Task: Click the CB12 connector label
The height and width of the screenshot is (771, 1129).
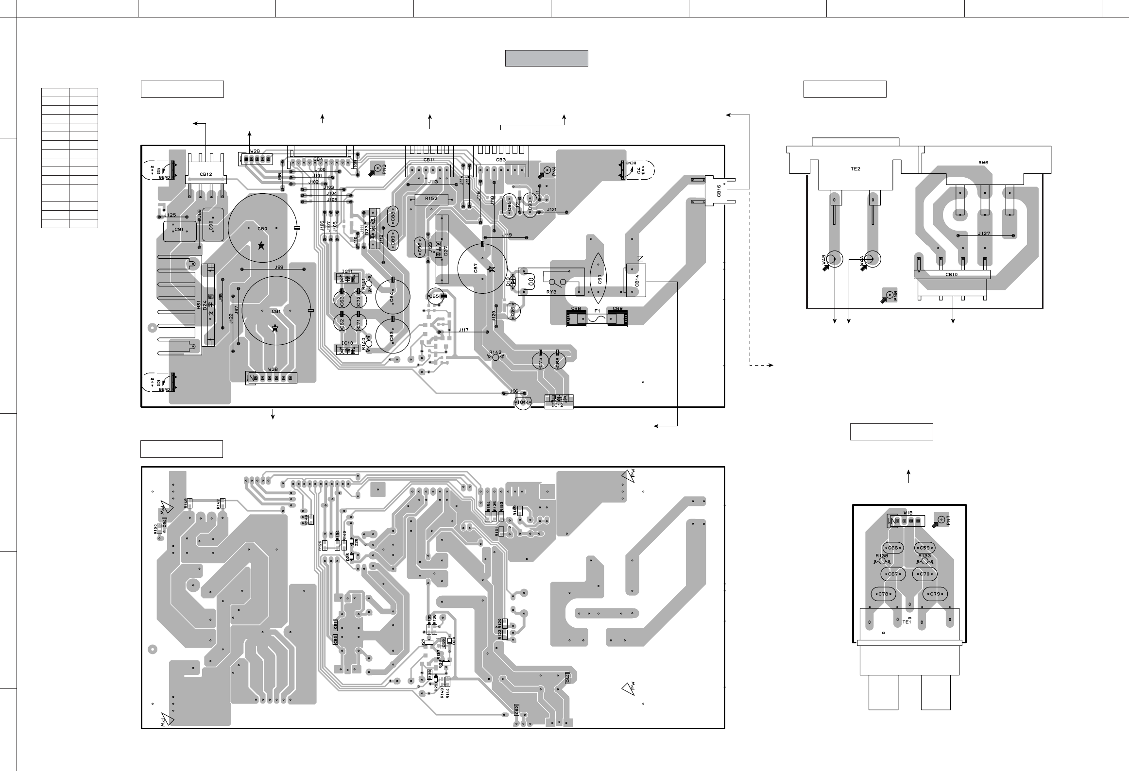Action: click(205, 174)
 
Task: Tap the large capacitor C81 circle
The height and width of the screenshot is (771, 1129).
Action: click(276, 311)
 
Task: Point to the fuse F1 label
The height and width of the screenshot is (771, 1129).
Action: click(597, 309)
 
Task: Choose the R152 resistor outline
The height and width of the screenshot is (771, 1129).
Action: click(431, 199)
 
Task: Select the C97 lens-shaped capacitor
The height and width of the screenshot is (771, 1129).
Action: click(599, 279)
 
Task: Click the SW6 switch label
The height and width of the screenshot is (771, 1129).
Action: click(983, 163)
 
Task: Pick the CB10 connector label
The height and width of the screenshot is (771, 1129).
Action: click(951, 275)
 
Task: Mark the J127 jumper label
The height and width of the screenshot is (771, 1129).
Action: click(984, 234)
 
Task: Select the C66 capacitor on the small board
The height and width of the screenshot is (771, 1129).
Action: click(893, 548)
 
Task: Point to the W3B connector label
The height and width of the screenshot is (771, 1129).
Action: click(273, 370)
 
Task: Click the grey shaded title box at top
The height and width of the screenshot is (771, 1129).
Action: click(547, 58)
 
